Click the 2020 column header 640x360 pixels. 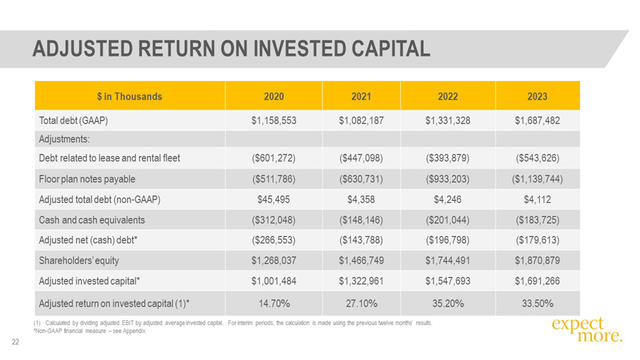pyautogui.click(x=274, y=96)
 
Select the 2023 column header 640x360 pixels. pyautogui.click(x=537, y=96)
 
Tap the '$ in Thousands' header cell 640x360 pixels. pyautogui.click(x=130, y=96)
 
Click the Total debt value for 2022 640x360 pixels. pyautogui.click(x=448, y=121)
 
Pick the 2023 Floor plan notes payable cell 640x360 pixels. pyautogui.click(x=537, y=179)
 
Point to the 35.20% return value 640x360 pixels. pyautogui.click(x=448, y=304)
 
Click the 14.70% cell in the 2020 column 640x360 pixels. pyautogui.click(x=274, y=304)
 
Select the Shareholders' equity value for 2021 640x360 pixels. pyautogui.click(x=361, y=260)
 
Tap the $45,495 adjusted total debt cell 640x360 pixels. pyautogui.click(x=274, y=200)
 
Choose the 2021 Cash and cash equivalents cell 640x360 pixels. pyautogui.click(x=361, y=220)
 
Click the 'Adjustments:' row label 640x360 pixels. pyautogui.click(x=64, y=139)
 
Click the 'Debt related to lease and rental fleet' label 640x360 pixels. pyautogui.click(x=109, y=158)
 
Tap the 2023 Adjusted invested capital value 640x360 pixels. pyautogui.click(x=537, y=281)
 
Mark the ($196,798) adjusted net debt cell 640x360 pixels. pyautogui.click(x=448, y=240)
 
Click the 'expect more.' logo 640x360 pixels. pyautogui.click(x=586, y=330)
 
